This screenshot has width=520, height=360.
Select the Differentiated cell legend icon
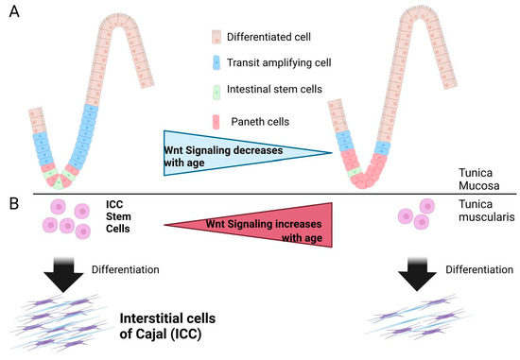pos(217,38)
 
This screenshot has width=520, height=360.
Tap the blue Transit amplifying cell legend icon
pos(217,65)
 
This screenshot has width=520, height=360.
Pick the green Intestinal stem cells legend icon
pos(217,93)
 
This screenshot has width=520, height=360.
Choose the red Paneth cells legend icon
pos(217,121)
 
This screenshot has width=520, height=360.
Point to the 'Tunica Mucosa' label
pos(478,180)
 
